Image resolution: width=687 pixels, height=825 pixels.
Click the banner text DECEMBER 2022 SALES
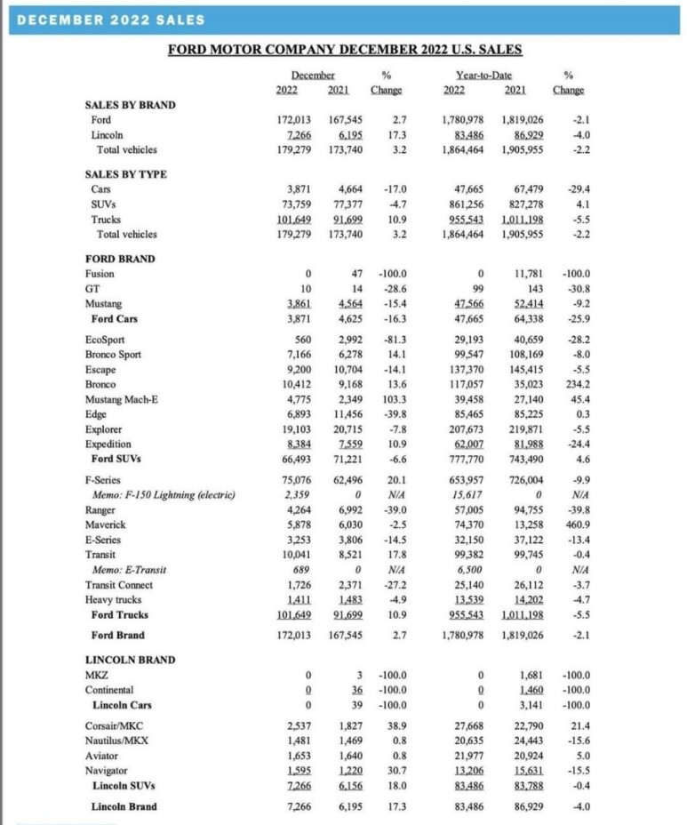(x=111, y=19)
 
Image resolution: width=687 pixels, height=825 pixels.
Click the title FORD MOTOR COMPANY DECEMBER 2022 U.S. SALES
(x=344, y=50)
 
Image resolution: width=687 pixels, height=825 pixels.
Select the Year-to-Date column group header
(x=483, y=76)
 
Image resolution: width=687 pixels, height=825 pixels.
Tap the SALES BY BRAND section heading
(x=130, y=104)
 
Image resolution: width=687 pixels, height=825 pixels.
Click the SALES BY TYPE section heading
(x=127, y=174)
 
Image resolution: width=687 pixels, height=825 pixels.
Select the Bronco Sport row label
(x=116, y=354)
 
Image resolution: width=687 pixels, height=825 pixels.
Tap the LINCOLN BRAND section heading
(x=129, y=660)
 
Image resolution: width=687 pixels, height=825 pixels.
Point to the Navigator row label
(x=107, y=771)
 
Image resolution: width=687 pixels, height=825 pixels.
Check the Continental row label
(x=109, y=689)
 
